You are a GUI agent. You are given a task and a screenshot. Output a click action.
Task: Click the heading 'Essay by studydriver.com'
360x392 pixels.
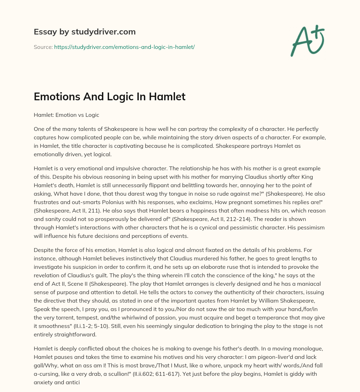point(85,32)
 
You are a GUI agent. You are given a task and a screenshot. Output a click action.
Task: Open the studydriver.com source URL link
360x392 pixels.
point(124,47)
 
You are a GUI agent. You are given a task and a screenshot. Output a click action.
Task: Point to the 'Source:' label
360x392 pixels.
point(43,47)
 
